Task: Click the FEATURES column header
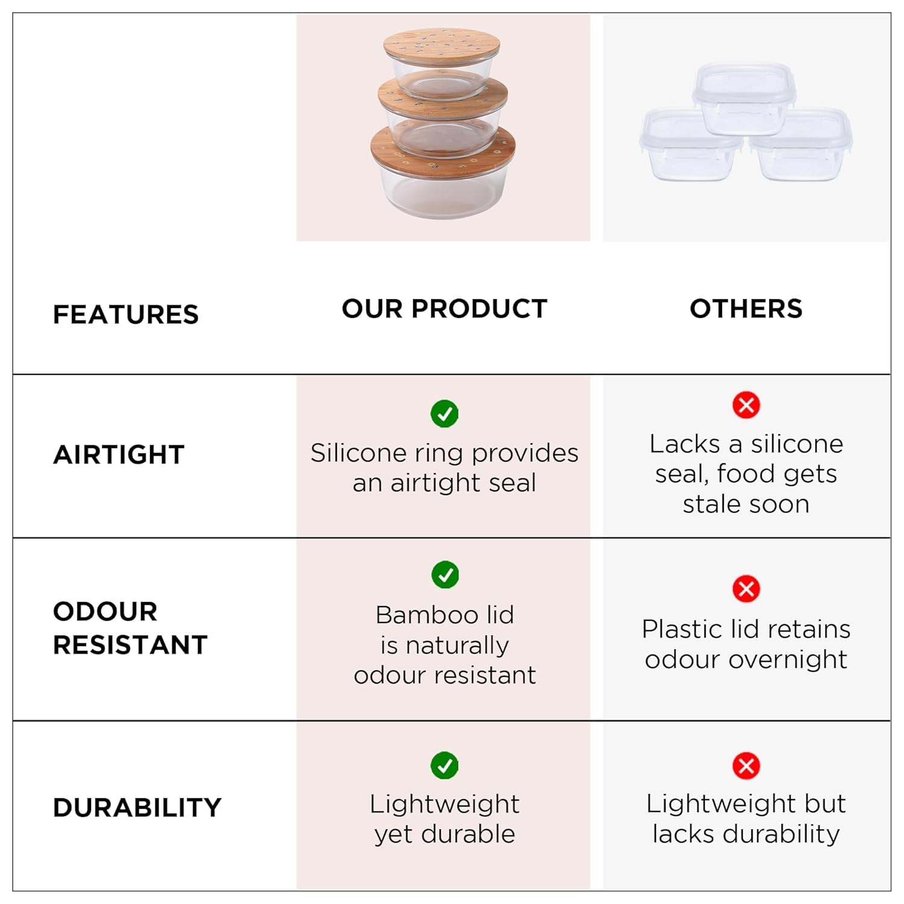(x=126, y=315)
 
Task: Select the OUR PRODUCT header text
(x=445, y=309)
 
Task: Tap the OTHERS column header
(x=746, y=309)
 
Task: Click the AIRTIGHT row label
(x=119, y=454)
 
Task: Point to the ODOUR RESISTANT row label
(x=130, y=628)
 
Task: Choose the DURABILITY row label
(x=137, y=808)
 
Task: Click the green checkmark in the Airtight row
(x=445, y=413)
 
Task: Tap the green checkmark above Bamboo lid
(x=445, y=575)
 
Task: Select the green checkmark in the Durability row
(x=445, y=765)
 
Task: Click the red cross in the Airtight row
(x=746, y=405)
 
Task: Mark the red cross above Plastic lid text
(x=746, y=589)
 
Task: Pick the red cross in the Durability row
(x=746, y=766)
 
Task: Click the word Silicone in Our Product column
(x=358, y=453)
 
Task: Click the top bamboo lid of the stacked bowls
(x=442, y=45)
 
